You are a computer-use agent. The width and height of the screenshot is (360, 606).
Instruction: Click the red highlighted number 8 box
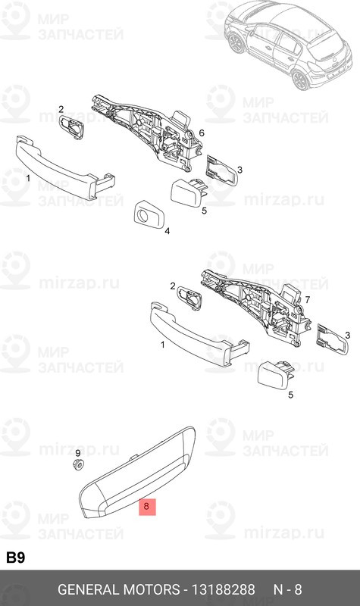pos(147,507)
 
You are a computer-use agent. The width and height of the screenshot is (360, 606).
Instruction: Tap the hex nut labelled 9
pos(79,464)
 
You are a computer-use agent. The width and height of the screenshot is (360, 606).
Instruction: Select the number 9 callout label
pos(78,453)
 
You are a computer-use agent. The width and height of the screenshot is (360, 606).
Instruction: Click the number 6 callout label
pos(202,133)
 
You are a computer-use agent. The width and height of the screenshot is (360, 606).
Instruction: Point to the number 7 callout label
pos(308,299)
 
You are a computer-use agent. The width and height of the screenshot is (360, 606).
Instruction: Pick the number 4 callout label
pos(167,231)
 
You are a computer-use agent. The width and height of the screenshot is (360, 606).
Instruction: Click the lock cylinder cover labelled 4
pos(149,214)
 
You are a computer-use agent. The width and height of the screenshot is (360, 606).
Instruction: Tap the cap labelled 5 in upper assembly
pos(188,192)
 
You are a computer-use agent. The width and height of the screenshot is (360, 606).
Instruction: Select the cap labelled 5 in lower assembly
pos(276,375)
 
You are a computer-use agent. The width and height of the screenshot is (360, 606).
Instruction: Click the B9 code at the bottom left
pos(15,558)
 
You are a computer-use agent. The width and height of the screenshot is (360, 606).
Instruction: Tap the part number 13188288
pos(224,589)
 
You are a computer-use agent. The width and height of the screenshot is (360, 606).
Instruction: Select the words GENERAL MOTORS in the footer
pos(119,589)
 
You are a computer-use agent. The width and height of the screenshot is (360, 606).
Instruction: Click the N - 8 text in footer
pos(288,589)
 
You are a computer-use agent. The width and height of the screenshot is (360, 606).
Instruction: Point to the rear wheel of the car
pos(301,80)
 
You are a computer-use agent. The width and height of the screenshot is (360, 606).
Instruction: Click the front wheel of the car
pos(236,43)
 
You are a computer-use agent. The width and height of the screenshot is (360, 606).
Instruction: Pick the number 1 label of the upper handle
pos(28,178)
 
